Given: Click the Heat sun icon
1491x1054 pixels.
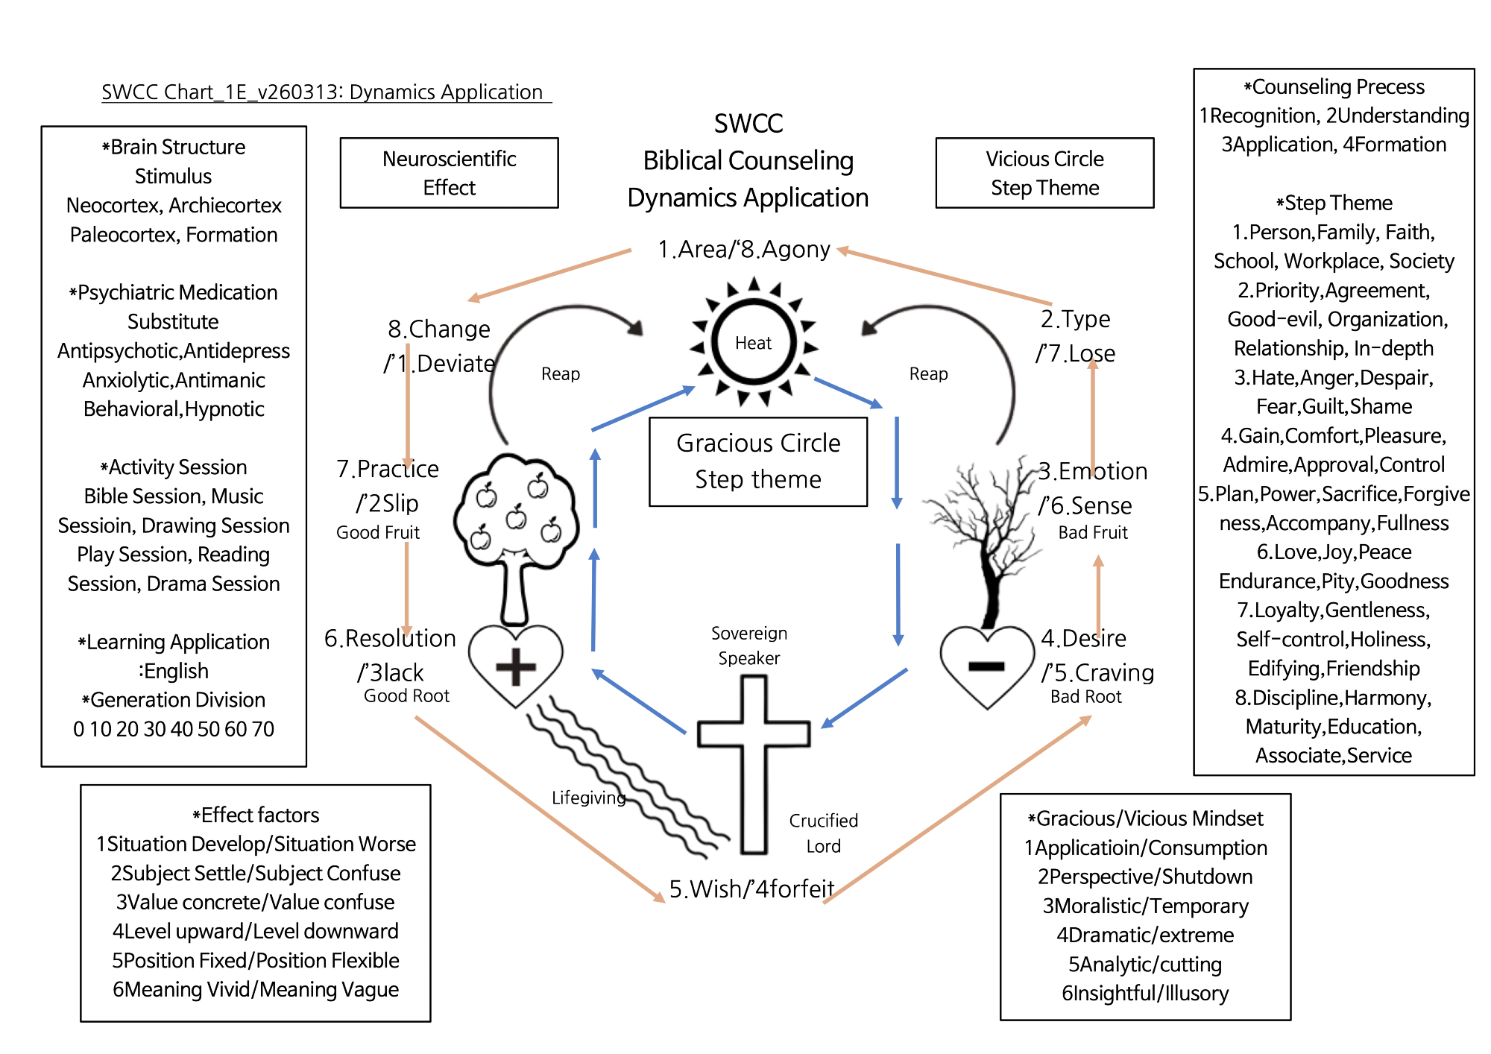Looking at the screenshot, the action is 754,342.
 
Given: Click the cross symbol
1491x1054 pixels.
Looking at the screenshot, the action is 754,764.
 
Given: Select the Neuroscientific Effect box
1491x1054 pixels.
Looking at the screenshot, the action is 450,173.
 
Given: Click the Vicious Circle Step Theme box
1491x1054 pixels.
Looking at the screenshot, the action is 1045,173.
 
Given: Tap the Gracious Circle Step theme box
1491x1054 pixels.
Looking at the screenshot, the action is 758,461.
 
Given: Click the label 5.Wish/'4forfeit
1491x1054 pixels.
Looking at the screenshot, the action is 751,889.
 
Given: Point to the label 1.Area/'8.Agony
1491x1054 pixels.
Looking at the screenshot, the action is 744,249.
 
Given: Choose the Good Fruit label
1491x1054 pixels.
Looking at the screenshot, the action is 378,532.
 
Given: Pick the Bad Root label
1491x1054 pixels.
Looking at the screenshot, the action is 1086,696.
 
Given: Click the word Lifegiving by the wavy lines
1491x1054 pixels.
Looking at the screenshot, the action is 589,798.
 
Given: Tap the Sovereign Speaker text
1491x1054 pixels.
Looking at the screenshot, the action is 749,646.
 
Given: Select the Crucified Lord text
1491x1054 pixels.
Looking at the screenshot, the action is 824,833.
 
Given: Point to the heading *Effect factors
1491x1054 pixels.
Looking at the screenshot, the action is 256,815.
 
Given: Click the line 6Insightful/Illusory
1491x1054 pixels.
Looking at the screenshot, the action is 1145,993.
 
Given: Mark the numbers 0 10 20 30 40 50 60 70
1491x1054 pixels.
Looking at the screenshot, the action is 174,728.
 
